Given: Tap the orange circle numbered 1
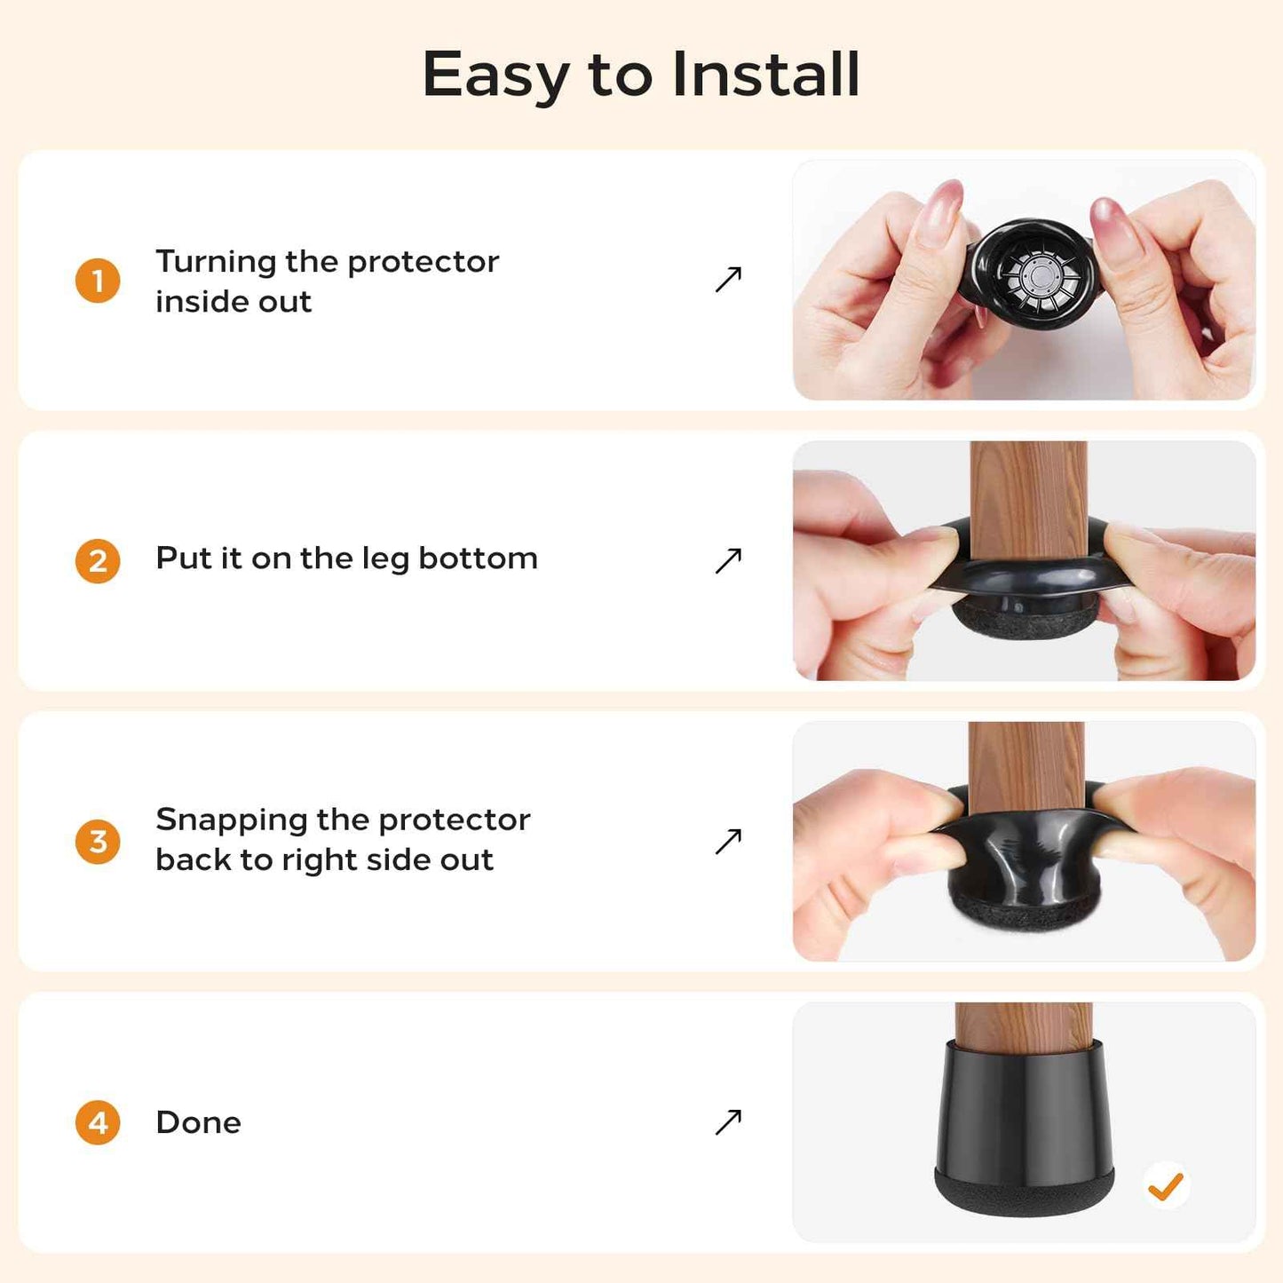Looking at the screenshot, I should click(98, 281).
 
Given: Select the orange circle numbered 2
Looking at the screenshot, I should click(98, 561).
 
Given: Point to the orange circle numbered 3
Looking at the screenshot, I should click(98, 841).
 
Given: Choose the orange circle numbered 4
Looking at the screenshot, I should click(98, 1122).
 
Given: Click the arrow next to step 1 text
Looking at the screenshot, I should click(728, 280).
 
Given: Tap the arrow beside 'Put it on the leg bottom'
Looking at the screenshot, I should click(728, 561).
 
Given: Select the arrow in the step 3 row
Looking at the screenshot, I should click(728, 841).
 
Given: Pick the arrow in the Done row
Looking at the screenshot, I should click(728, 1122).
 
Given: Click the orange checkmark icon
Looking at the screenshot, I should click(1166, 1185).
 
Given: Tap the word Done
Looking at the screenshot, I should click(198, 1122).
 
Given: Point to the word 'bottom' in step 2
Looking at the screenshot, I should click(478, 558).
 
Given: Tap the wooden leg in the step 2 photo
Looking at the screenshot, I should click(1028, 497).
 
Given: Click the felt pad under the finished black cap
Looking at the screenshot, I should click(1025, 1194).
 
